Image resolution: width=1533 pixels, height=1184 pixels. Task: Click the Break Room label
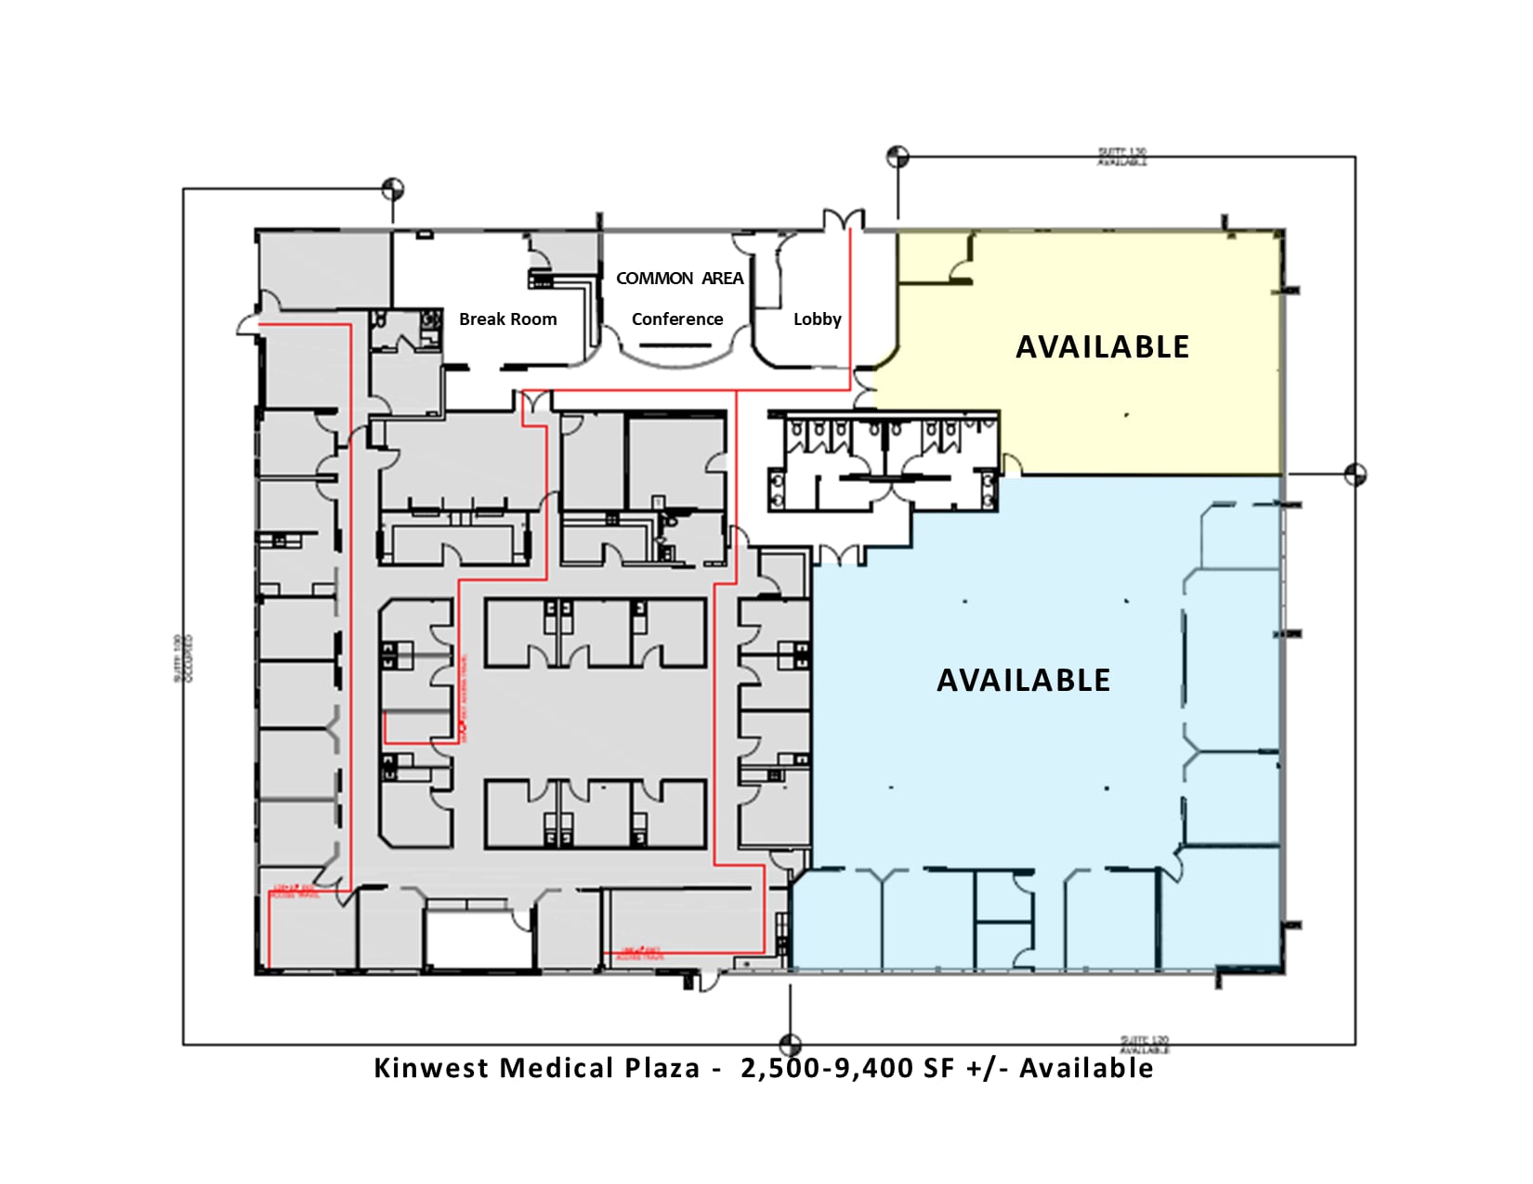[507, 319]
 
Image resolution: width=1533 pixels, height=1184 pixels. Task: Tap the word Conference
[676, 319]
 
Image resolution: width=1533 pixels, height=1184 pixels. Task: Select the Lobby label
[817, 319]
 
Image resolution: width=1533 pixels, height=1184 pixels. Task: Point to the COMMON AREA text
[679, 279]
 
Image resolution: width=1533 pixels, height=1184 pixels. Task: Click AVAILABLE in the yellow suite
[1102, 347]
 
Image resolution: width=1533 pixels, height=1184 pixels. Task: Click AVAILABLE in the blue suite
[1023, 681]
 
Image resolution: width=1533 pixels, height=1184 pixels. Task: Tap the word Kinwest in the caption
[430, 1068]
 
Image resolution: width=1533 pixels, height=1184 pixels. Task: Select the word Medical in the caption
[554, 1068]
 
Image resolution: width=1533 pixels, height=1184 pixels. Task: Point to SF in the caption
[938, 1068]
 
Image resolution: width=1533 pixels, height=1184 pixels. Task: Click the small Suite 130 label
[1122, 156]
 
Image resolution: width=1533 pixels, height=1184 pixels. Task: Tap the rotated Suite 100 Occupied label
[183, 658]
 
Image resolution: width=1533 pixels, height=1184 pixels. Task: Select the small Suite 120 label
[1145, 1045]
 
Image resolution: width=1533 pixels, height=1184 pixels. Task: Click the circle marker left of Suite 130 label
[898, 156]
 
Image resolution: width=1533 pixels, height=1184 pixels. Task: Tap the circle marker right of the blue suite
[1356, 475]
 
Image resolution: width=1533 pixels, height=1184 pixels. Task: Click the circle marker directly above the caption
[790, 1044]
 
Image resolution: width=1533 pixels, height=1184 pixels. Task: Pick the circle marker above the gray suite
[393, 189]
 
